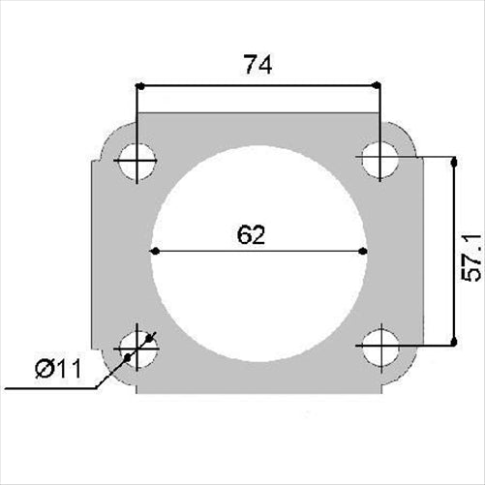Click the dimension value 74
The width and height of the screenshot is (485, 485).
pos(258,65)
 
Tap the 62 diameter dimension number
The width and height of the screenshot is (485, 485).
pos(251,234)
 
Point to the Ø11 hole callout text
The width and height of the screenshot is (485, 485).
pos(58,370)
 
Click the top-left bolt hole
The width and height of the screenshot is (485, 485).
pos(138,161)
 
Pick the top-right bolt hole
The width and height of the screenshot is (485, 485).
pos(379,159)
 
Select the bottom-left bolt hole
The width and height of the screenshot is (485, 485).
pos(138,346)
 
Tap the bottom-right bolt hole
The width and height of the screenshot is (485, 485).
pos(379,346)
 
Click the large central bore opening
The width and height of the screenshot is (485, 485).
pos(258,290)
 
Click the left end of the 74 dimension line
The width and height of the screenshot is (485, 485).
pos(139,86)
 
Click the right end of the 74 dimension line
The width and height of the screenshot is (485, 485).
pos(378,86)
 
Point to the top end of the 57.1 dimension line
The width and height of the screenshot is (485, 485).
pos(452,159)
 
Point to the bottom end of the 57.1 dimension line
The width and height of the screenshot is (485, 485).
pos(452,344)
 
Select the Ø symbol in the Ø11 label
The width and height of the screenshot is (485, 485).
pos(44,370)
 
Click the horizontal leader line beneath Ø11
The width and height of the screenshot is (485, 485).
pos(48,389)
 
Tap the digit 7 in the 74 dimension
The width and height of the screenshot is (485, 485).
pos(248,65)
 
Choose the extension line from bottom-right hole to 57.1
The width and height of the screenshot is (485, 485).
pos(421,345)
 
